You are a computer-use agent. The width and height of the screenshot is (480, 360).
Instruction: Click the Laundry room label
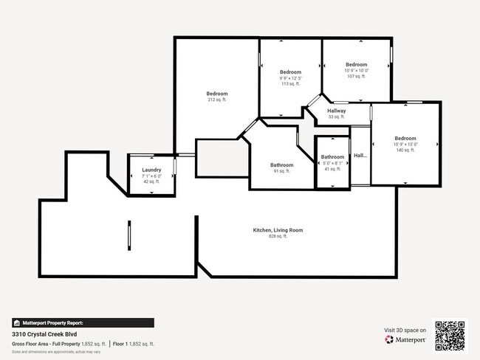(x=151, y=170)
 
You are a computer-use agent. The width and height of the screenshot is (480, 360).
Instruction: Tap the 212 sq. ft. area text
(x=217, y=100)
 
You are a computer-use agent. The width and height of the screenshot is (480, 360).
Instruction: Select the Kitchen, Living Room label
(x=278, y=230)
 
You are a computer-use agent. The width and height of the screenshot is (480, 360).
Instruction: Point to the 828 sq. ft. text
(x=278, y=236)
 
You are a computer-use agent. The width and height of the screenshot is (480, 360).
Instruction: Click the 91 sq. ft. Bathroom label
(x=281, y=165)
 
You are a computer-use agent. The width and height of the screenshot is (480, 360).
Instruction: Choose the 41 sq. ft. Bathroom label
(x=332, y=157)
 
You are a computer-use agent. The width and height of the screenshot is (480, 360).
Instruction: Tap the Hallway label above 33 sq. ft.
(x=337, y=111)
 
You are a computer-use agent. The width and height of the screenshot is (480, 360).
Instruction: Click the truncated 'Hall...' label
(x=360, y=156)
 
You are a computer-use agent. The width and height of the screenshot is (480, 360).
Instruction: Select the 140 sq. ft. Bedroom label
(x=405, y=139)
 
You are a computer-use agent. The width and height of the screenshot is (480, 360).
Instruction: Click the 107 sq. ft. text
(x=357, y=77)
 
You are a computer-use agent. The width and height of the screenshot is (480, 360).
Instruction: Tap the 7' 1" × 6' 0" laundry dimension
(x=151, y=176)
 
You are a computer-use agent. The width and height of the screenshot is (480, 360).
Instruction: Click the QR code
(x=450, y=334)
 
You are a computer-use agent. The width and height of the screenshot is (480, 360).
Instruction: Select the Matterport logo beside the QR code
(x=405, y=340)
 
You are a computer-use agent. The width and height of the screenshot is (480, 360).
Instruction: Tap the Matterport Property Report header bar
(x=83, y=322)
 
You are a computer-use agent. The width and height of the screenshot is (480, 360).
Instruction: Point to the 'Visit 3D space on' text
(x=405, y=330)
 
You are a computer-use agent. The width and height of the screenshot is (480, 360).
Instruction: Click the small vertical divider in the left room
(x=129, y=236)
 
